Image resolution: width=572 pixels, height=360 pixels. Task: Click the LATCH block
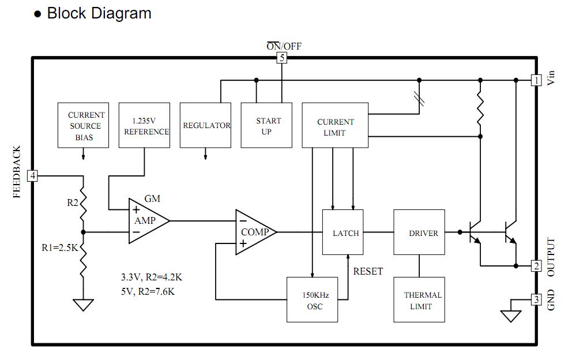point(343,232)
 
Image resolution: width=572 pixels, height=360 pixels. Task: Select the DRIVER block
point(419,232)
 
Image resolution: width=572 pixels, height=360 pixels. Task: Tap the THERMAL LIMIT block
point(419,300)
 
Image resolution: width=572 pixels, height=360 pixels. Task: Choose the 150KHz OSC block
point(313,300)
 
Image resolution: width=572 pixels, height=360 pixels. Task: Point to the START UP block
point(266,125)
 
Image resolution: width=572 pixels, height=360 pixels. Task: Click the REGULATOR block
point(205,125)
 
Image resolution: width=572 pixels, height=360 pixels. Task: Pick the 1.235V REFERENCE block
point(145,125)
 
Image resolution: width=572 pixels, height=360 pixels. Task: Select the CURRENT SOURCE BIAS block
point(83,125)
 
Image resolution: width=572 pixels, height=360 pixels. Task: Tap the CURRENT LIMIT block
point(335,125)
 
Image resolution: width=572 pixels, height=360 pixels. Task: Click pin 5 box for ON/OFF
point(281,58)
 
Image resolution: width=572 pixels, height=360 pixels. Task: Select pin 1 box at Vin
point(536,80)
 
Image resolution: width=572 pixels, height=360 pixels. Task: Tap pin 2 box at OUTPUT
point(536,266)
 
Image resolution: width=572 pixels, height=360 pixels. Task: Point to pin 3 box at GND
point(536,300)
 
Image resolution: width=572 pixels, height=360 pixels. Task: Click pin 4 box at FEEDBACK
point(32,176)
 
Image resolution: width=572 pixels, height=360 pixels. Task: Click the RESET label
point(368,271)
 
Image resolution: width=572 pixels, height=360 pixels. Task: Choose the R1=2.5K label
point(60,248)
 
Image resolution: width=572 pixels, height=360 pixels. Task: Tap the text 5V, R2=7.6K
point(148,292)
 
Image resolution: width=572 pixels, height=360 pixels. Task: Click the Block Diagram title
point(99,13)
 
